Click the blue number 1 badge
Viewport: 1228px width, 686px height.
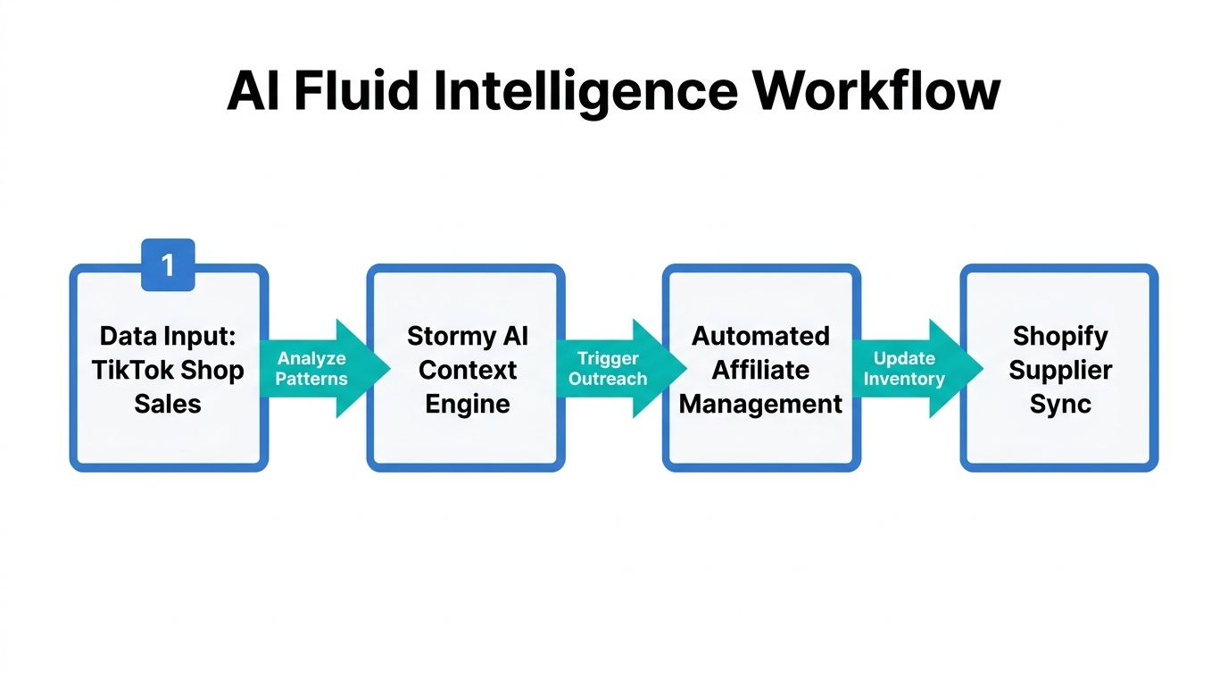(168, 264)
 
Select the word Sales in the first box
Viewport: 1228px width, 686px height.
(168, 404)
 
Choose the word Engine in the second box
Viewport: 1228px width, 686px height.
(467, 404)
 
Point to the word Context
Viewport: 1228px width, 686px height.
(467, 370)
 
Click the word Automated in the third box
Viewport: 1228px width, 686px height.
(760, 336)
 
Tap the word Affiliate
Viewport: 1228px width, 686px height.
(760, 370)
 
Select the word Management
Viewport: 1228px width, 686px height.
(760, 404)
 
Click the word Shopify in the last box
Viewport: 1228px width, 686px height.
(1059, 337)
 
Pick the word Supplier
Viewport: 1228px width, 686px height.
(1059, 370)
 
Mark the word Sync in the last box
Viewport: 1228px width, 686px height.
(1059, 404)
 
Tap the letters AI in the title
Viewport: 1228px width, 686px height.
(253, 91)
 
